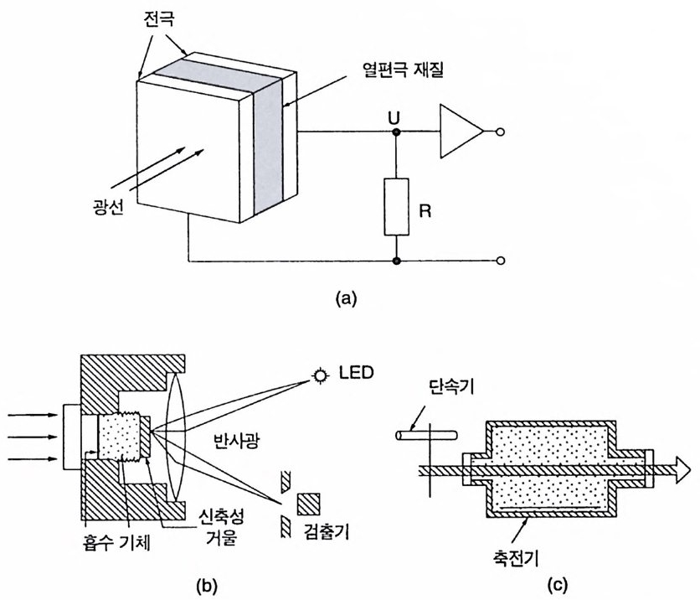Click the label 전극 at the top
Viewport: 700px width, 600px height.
(x=160, y=18)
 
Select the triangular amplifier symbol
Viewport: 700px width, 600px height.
(x=461, y=132)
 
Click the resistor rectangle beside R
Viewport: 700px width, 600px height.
(x=396, y=207)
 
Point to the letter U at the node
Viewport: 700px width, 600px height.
(x=394, y=118)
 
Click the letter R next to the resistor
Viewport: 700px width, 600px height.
(x=425, y=210)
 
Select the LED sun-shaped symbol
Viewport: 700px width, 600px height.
(x=320, y=375)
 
